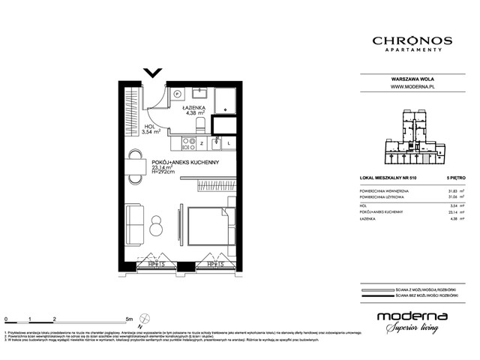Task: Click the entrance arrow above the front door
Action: pyautogui.click(x=153, y=72)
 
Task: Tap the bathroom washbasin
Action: pyautogui.click(x=200, y=94)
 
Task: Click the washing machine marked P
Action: pyautogui.click(x=178, y=94)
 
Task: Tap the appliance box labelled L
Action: pyautogui.click(x=229, y=142)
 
